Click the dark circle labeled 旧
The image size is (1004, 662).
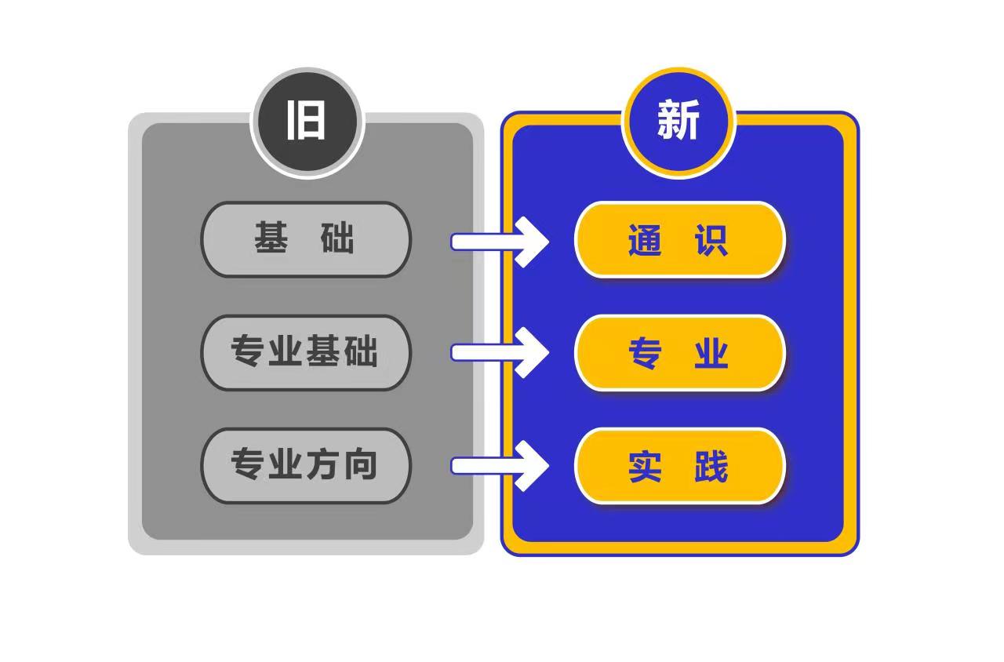coord(307,122)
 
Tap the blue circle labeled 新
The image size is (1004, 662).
coord(678,122)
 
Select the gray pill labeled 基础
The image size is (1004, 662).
coord(306,239)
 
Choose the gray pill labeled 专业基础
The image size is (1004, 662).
coord(306,353)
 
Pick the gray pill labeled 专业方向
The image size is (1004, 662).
coord(306,466)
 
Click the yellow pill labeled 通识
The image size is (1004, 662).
coord(679,240)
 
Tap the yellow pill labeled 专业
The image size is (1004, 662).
coord(679,353)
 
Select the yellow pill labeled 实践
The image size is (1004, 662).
coord(679,466)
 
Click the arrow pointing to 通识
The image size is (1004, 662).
coord(500,242)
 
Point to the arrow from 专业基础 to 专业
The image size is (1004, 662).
coord(500,353)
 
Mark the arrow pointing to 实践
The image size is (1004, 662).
coord(500,466)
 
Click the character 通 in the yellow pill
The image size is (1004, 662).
coord(645,240)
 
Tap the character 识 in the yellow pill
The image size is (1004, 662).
coord(711,240)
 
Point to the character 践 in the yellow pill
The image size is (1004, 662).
coord(711,467)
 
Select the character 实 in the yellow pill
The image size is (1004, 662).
coord(645,467)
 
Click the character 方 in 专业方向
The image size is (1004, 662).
coord(322,464)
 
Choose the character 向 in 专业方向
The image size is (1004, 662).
coord(360,464)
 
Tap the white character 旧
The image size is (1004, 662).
coord(306,120)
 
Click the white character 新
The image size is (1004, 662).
coord(678,120)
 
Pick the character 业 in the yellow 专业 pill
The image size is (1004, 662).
coord(711,353)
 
